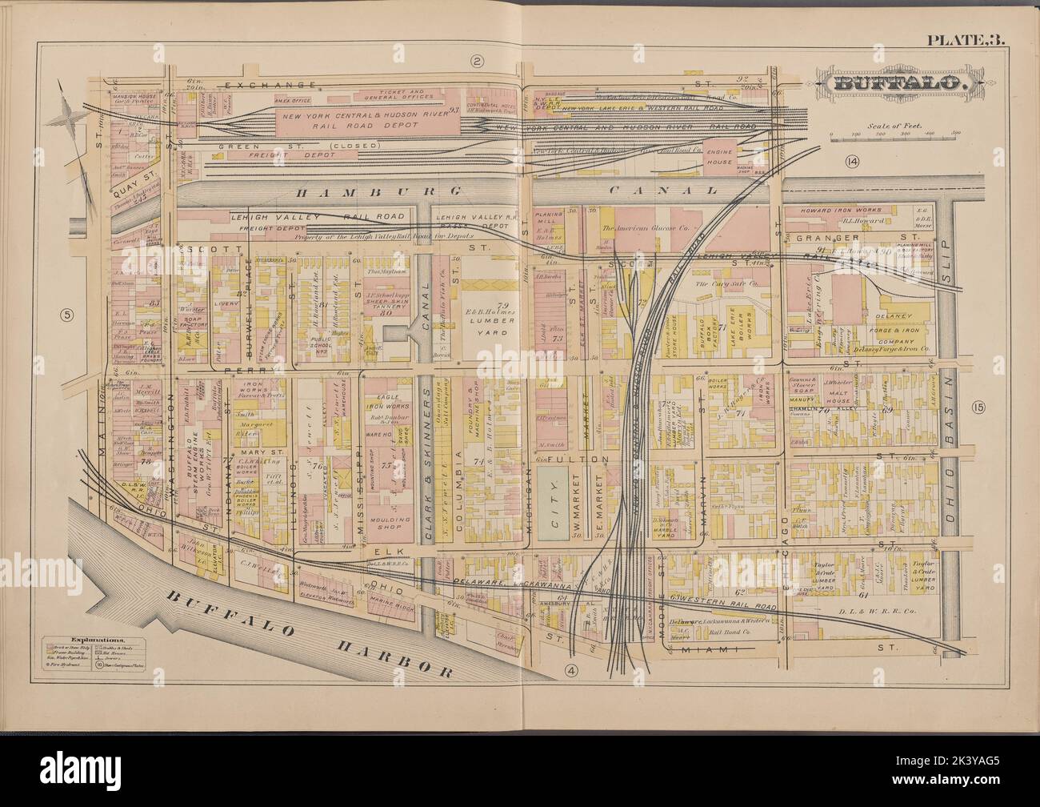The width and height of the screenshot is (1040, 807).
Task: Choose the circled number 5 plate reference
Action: pyautogui.click(x=69, y=314)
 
